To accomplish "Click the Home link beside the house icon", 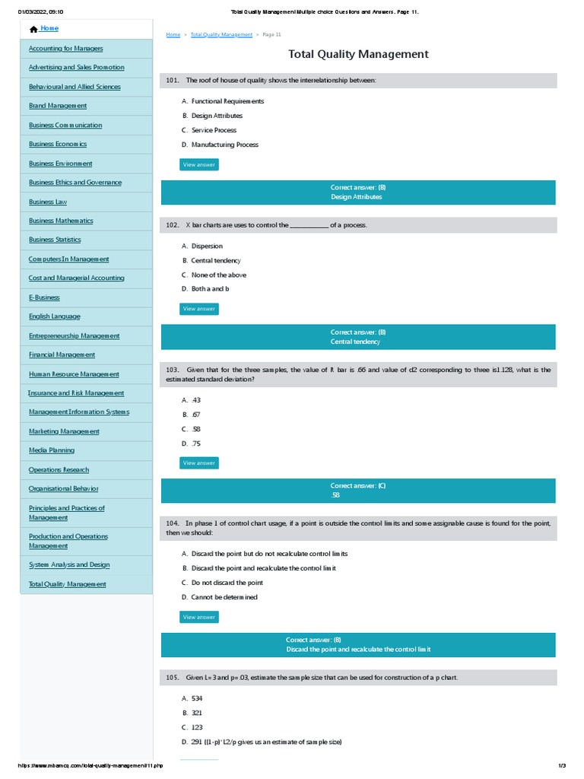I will pyautogui.click(x=49, y=29).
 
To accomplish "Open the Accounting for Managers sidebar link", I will pyautogui.click(x=65, y=48).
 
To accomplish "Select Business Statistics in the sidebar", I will pyautogui.click(x=55, y=240).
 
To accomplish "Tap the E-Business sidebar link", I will pyautogui.click(x=44, y=297).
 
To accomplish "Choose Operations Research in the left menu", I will pyautogui.click(x=59, y=469).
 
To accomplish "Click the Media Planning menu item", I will pyautogui.click(x=52, y=450).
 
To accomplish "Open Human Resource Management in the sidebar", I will pyautogui.click(x=74, y=374).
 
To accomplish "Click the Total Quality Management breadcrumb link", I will pyautogui.click(x=221, y=35).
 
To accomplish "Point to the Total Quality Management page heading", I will pyautogui.click(x=358, y=54).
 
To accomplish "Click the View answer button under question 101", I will pyautogui.click(x=199, y=164).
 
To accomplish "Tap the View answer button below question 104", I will pyautogui.click(x=199, y=617).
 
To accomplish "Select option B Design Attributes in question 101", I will pyautogui.click(x=217, y=116).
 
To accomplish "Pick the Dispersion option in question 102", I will pyautogui.click(x=207, y=246).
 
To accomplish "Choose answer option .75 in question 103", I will pyautogui.click(x=196, y=444).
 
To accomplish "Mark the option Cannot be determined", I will pyautogui.click(x=224, y=597).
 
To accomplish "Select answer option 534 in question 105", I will pyautogui.click(x=197, y=698).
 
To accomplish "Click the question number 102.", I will pyautogui.click(x=171, y=225).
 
